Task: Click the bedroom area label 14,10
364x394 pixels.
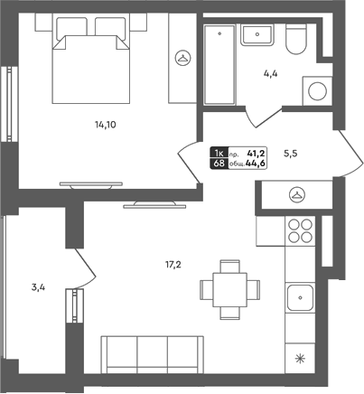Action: click(x=106, y=125)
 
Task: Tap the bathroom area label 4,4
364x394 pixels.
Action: click(x=270, y=74)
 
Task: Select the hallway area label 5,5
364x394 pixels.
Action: click(x=291, y=154)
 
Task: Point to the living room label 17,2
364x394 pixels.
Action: click(x=173, y=265)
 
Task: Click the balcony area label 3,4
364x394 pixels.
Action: click(x=38, y=287)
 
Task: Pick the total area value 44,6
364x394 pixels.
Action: click(x=256, y=164)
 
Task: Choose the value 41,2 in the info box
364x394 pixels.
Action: click(x=256, y=154)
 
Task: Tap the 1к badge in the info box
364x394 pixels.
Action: click(x=219, y=154)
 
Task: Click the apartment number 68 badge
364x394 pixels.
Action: click(x=219, y=164)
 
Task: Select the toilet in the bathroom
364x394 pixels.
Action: click(x=296, y=39)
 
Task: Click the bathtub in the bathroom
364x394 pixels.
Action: click(x=219, y=65)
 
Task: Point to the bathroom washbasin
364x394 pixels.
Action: click(x=257, y=35)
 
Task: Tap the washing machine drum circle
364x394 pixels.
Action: click(x=317, y=91)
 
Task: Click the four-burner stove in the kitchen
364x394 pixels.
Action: click(x=300, y=230)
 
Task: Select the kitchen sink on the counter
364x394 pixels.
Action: click(x=300, y=298)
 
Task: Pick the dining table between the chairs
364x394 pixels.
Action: click(x=229, y=290)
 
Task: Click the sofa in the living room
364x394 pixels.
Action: click(x=153, y=355)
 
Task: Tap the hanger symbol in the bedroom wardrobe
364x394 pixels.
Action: click(x=183, y=57)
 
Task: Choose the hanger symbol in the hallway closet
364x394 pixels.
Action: click(x=297, y=195)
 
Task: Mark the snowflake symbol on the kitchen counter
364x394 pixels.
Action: click(x=300, y=359)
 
